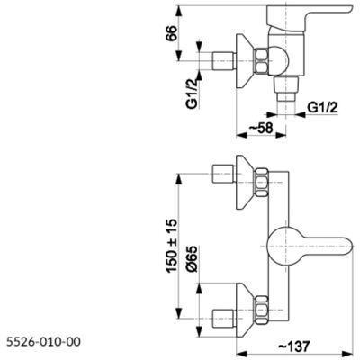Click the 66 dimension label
pyautogui.click(x=171, y=33)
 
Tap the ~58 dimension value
pyautogui.click(x=261, y=129)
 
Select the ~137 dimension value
pyautogui.click(x=293, y=346)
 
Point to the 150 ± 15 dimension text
pyautogui.click(x=172, y=246)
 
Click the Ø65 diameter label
pyautogui.click(x=192, y=259)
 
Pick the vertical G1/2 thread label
pyautogui.click(x=193, y=93)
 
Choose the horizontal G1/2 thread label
pyautogui.click(x=322, y=107)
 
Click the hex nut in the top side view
pyautogui.click(x=261, y=61)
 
